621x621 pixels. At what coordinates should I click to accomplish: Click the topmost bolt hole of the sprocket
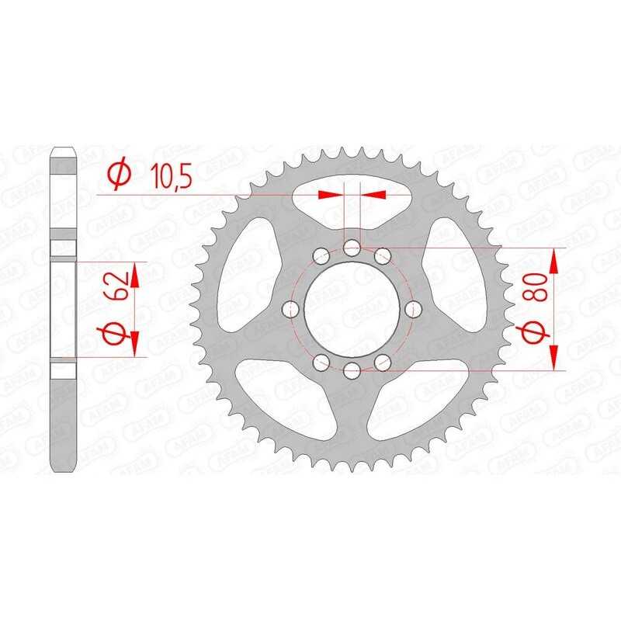pos(352,248)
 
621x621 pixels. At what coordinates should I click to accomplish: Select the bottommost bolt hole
pos(352,369)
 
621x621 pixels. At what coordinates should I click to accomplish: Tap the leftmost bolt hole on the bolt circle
pos(292,309)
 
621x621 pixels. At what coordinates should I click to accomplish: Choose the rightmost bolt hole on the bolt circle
pos(412,309)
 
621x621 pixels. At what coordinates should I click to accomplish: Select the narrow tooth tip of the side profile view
pos(64,152)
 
